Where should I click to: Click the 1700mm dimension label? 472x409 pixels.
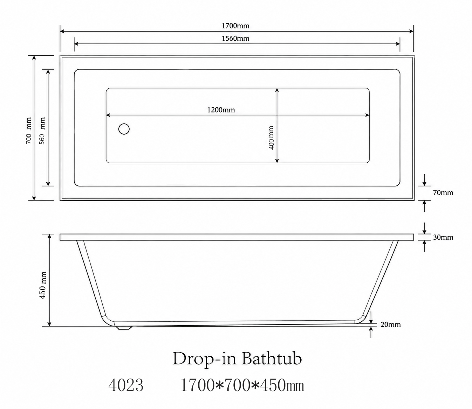coord(235,26)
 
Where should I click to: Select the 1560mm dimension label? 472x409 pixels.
coord(235,38)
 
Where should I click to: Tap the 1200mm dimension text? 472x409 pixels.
coord(221,110)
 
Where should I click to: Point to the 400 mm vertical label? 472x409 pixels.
coord(271,138)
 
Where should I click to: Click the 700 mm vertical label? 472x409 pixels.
coord(28,131)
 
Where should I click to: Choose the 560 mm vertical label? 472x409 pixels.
coord(42,131)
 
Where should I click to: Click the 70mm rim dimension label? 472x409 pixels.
coord(443,193)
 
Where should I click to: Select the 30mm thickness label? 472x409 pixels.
coord(443,237)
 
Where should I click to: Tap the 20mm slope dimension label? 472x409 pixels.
coord(390,325)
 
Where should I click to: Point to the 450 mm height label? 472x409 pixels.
coord(43,285)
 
